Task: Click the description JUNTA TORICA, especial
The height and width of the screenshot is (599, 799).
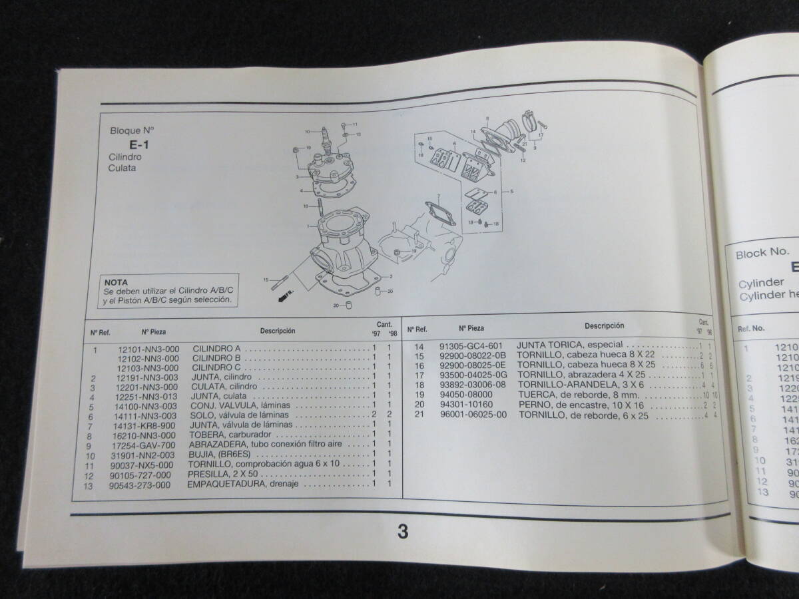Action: click(x=569, y=345)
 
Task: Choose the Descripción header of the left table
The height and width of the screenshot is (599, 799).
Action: click(x=278, y=330)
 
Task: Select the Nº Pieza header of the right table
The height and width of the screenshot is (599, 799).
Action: click(x=471, y=327)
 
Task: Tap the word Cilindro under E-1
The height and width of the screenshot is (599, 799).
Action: click(x=125, y=157)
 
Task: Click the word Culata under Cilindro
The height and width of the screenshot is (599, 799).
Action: click(x=122, y=169)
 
